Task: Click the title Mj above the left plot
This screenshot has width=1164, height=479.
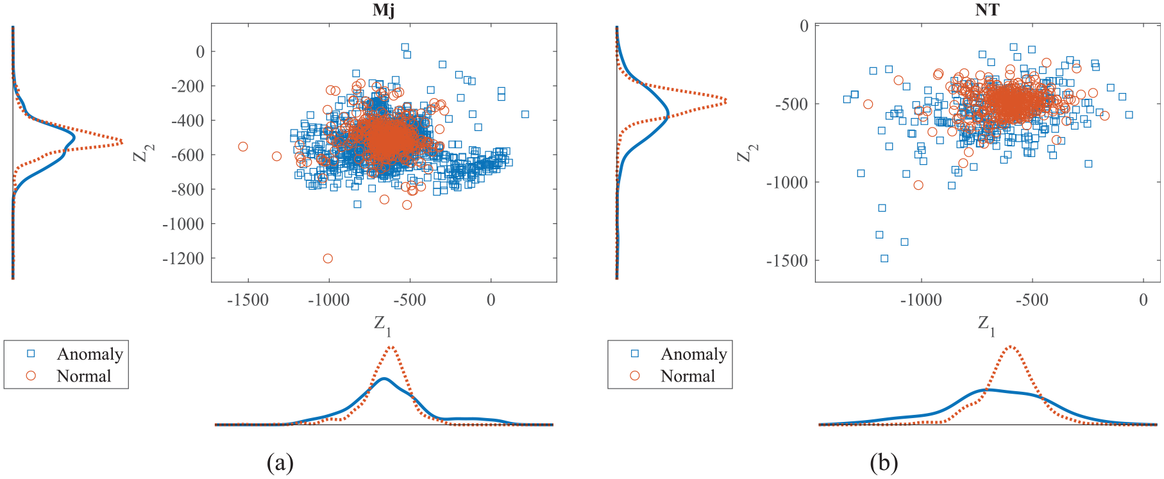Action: [x=384, y=10]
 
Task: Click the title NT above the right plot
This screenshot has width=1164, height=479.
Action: [x=987, y=10]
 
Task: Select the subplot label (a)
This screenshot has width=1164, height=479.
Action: [x=280, y=462]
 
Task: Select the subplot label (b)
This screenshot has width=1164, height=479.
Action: [x=884, y=462]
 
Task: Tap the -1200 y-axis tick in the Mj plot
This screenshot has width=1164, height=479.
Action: [x=183, y=258]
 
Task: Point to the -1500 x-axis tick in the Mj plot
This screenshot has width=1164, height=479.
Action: [x=248, y=300]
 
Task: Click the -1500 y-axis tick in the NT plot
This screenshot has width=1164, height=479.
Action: [x=788, y=261]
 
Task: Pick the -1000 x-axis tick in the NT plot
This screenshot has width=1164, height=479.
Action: [x=922, y=300]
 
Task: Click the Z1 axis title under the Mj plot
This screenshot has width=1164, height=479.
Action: [x=383, y=325]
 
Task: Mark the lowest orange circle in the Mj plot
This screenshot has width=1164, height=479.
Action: [x=328, y=258]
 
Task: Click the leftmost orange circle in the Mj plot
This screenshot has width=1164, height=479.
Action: [x=243, y=147]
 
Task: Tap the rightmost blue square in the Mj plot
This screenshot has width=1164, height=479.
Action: [x=525, y=114]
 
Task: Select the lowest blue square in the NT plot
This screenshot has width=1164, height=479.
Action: [x=884, y=258]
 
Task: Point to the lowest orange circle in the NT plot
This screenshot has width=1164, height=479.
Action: [x=918, y=185]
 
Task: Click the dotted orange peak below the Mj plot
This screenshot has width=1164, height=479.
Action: [x=391, y=348]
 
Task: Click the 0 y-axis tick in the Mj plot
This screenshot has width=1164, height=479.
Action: [x=201, y=52]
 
